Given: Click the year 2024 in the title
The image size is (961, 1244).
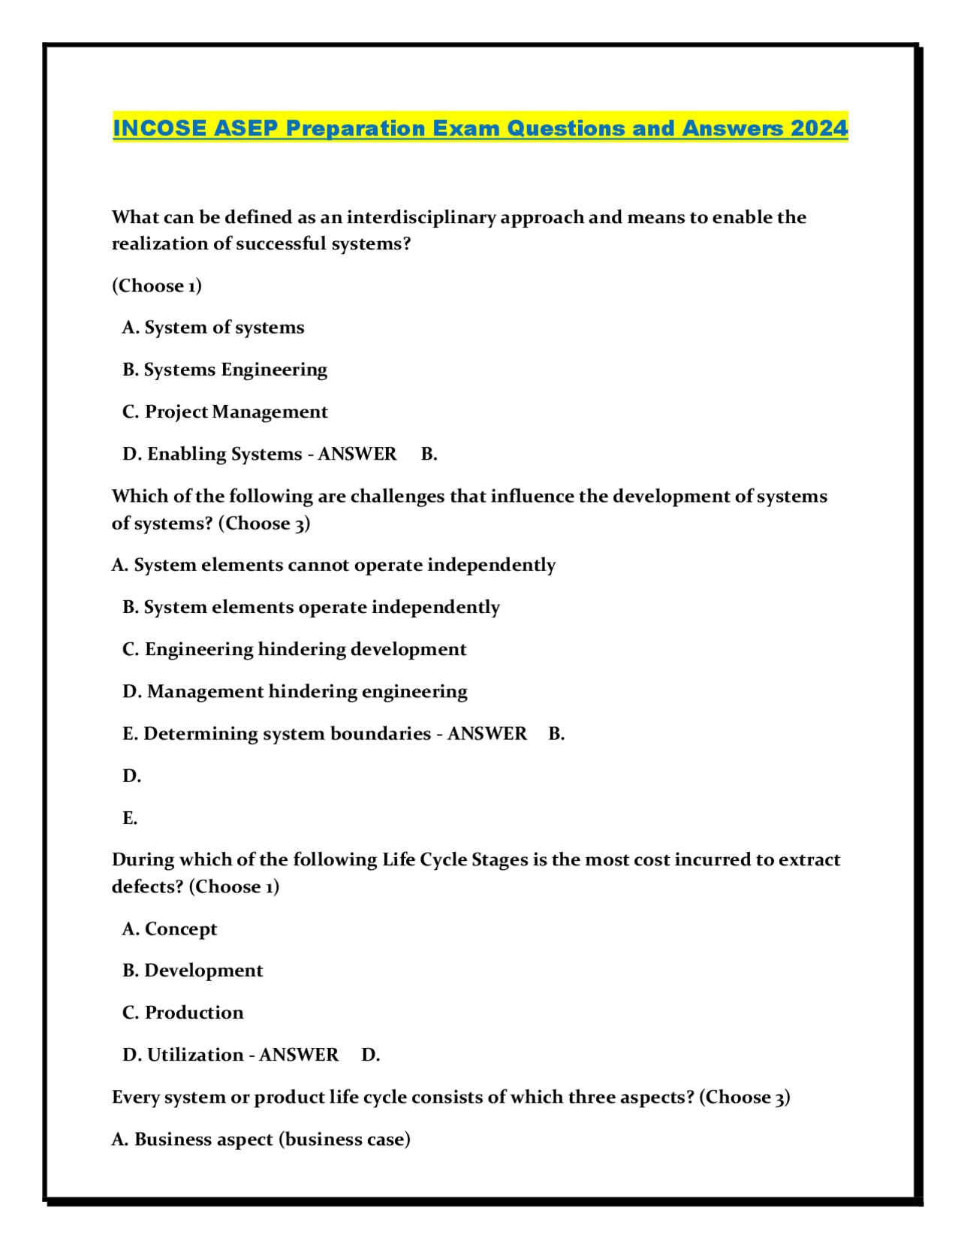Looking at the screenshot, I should tap(819, 128).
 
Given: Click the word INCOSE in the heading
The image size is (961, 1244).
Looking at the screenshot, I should tap(159, 128).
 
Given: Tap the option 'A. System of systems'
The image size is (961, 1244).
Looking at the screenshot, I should tap(213, 328).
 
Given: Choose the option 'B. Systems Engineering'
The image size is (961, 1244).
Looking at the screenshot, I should tap(224, 370).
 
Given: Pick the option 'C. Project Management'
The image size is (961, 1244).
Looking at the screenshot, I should tap(224, 412).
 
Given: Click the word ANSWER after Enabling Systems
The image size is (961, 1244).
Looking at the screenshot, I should tap(357, 454).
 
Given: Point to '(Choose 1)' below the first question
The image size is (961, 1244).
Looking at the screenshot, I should tap(157, 285).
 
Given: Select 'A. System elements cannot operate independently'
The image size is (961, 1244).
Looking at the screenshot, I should tap(333, 565).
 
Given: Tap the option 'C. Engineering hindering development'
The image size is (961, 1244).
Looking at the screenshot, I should tap(294, 649).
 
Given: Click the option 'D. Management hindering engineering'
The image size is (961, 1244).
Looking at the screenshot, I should tap(294, 691).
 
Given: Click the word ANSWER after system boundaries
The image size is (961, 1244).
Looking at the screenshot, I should tap(487, 733).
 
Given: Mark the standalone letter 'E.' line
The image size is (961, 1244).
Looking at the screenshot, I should tap(130, 817).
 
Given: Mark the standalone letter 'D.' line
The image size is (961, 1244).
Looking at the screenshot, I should tap(131, 775).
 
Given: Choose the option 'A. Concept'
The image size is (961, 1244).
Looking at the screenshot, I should tap(170, 928).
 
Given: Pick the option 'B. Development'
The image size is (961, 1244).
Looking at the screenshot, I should tap(192, 971).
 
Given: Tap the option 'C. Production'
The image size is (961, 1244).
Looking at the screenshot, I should tap(182, 1013).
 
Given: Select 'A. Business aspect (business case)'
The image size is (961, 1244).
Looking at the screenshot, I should tap(261, 1139).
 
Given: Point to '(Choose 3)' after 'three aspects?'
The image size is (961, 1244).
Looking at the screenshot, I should tap(744, 1097).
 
